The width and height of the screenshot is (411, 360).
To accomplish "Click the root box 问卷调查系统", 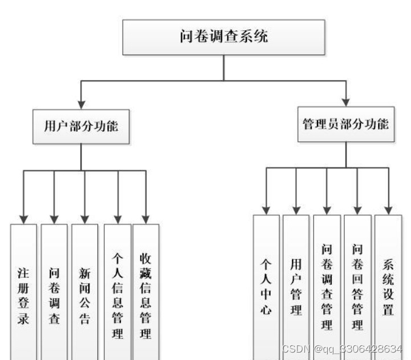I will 223,38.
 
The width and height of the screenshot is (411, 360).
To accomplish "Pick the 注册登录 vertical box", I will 23,291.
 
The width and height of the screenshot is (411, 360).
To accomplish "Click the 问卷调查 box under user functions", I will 54,291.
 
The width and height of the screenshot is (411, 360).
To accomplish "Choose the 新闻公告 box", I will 84,291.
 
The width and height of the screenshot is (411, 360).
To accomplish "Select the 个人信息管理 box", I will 117,291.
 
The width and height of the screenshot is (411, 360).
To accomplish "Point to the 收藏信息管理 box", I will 145,291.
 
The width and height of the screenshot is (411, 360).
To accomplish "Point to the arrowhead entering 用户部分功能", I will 81,104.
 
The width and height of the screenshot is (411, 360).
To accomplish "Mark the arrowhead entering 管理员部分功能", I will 345,102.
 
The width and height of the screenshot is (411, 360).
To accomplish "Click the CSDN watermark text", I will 342,348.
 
